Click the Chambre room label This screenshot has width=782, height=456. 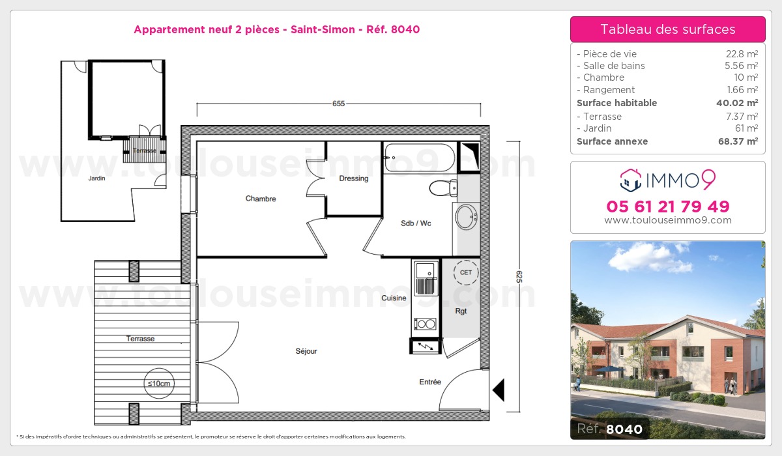point(261,199)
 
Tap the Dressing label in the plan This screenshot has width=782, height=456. point(354,178)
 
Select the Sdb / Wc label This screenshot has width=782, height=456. point(416,223)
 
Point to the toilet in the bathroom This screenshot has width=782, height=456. point(443,188)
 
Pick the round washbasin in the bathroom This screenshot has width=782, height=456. point(466,217)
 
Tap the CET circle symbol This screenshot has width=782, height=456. point(466,272)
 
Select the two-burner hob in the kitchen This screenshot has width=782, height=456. point(425,324)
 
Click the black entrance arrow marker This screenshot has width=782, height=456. point(499,390)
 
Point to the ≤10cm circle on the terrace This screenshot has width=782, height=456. point(158,384)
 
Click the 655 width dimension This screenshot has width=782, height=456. point(338,104)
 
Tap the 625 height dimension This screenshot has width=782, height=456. point(519,276)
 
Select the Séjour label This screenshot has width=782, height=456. point(306,351)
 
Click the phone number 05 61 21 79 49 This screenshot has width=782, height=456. point(667,207)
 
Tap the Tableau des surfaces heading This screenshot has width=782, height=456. point(667,29)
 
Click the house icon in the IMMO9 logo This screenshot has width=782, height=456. point(631,180)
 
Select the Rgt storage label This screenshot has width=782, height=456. point(461,311)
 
